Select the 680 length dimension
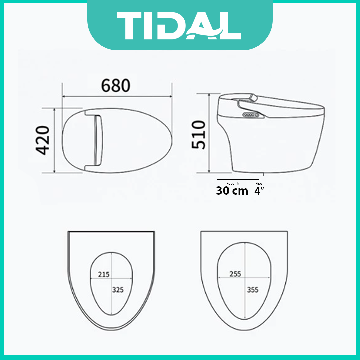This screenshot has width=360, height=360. (116, 86)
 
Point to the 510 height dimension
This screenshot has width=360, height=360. (198, 135)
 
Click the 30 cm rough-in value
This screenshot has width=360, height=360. (232, 191)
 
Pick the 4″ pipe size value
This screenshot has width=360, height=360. (259, 191)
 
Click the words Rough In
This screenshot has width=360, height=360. (233, 183)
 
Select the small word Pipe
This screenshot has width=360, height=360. (259, 183)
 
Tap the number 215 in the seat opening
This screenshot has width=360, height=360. (104, 275)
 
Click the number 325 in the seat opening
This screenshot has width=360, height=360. (118, 290)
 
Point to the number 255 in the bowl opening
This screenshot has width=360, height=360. (235, 274)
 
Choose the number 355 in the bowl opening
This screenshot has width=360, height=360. (253, 290)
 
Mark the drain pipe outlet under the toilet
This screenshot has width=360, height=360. (258, 174)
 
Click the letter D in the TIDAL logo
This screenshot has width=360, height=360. (176, 26)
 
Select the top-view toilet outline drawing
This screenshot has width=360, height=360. (117, 141)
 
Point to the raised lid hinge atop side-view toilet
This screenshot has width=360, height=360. (254, 98)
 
